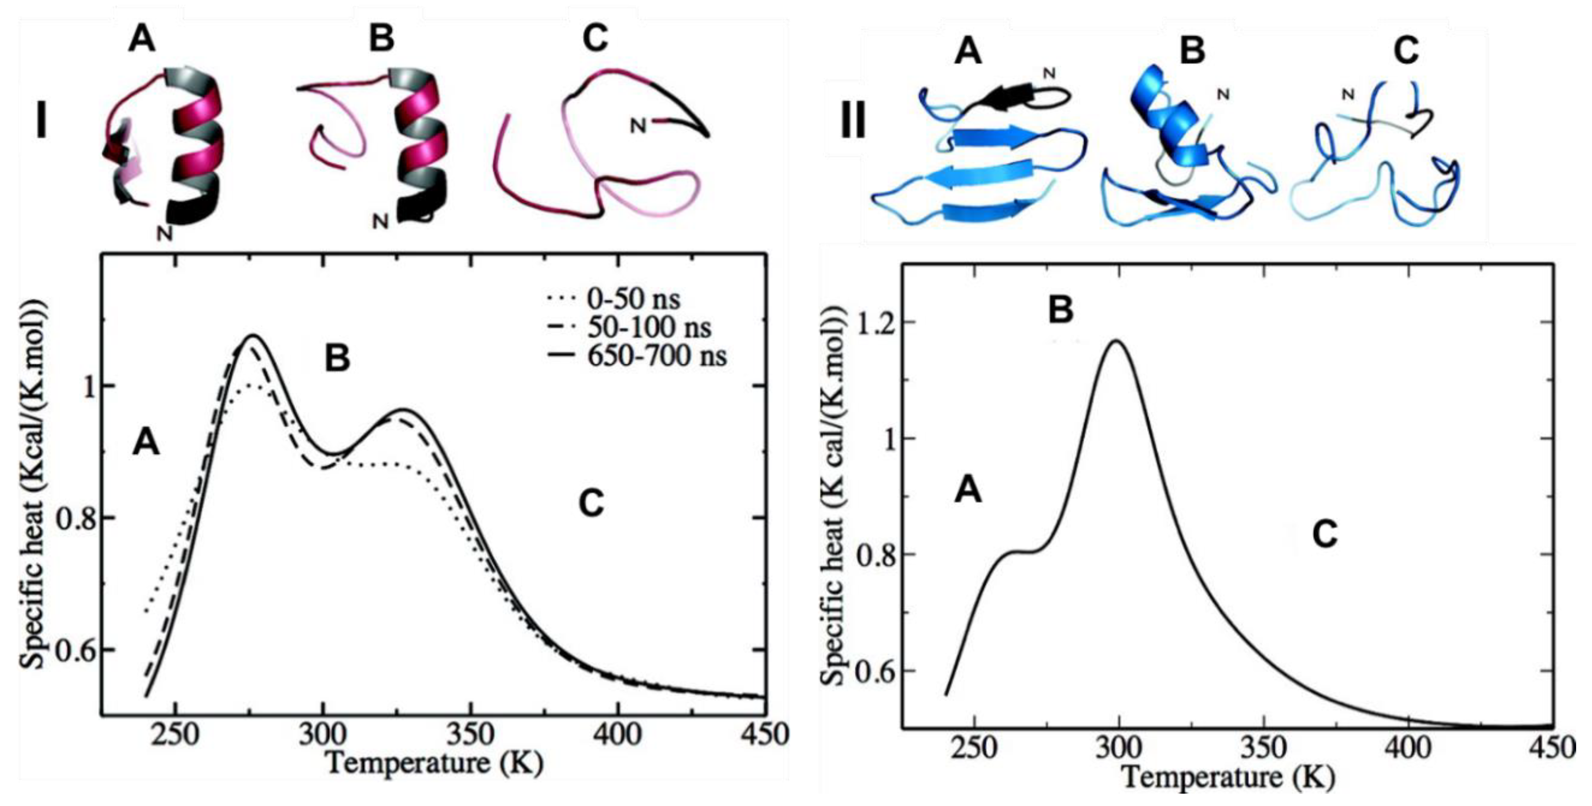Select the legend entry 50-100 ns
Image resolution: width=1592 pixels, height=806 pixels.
click(648, 328)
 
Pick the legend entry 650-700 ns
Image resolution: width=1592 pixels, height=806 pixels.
click(656, 357)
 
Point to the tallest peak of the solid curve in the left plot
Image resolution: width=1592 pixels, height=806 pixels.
click(253, 336)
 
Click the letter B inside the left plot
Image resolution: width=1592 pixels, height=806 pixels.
click(337, 359)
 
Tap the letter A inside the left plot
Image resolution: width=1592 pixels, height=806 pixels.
click(146, 443)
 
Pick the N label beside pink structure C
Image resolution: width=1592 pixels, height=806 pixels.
click(638, 126)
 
